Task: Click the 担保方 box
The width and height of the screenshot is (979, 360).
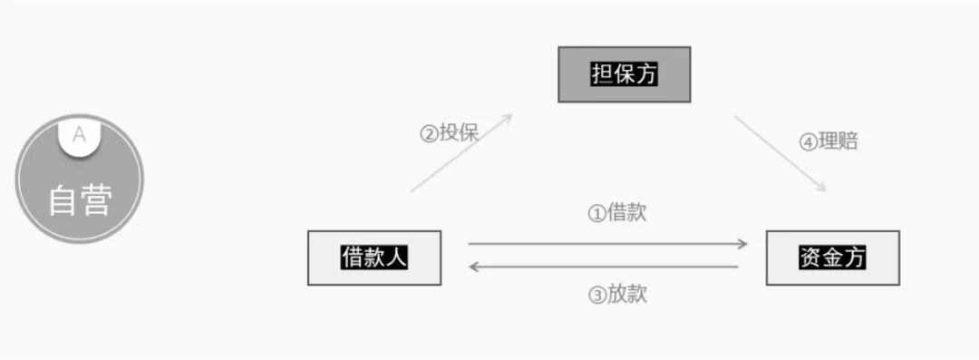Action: (x=624, y=74)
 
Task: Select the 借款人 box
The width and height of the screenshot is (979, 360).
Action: (x=374, y=258)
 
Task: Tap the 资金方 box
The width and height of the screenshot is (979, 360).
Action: (x=832, y=258)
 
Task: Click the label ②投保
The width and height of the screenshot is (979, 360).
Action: (x=448, y=133)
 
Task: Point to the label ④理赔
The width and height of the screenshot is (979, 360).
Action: (x=828, y=141)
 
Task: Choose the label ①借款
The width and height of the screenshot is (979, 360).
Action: (x=616, y=214)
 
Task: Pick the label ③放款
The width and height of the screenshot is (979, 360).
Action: (x=616, y=295)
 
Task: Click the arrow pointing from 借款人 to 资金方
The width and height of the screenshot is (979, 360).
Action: (x=607, y=244)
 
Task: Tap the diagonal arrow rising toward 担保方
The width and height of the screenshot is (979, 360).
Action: (x=461, y=153)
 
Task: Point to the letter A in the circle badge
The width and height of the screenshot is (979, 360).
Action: (x=80, y=135)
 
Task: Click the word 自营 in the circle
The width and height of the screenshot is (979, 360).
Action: (x=80, y=200)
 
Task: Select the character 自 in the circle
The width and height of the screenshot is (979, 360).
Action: (x=63, y=200)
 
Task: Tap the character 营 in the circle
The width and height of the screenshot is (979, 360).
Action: (x=96, y=200)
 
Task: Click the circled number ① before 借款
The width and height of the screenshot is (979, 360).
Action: (x=596, y=215)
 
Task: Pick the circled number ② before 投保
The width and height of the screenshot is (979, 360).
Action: (x=428, y=134)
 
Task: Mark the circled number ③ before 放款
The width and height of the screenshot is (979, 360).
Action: (x=596, y=296)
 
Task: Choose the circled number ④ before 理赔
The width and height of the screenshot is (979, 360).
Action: (x=807, y=142)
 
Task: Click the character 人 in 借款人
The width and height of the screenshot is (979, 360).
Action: (x=396, y=258)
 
